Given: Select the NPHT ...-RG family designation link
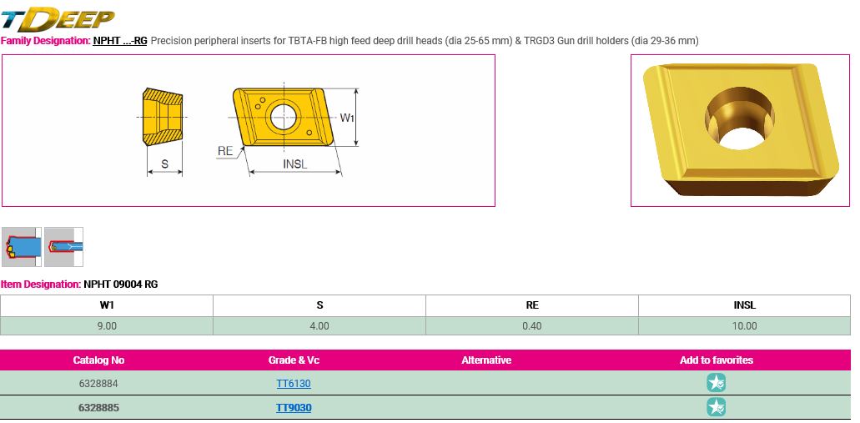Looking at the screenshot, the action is click(119, 41).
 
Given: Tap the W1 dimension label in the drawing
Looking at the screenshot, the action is click(347, 118).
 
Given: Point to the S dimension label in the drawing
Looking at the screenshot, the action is click(164, 164).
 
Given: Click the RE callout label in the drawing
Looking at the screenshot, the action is click(225, 151).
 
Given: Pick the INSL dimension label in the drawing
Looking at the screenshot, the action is click(295, 164).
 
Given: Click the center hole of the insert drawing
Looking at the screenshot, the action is click(283, 117).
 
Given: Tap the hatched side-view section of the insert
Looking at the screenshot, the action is click(163, 117).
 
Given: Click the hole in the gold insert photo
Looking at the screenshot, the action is click(740, 121).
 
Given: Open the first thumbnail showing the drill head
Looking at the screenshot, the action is click(22, 247).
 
